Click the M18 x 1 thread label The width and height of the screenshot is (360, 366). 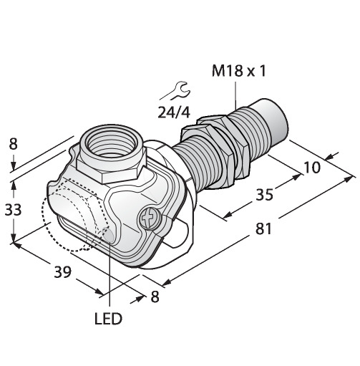tap(238, 71)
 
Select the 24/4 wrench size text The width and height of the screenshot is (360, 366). tap(174, 112)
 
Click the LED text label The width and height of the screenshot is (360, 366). tap(108, 319)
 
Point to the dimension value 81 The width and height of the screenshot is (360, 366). tap(263, 228)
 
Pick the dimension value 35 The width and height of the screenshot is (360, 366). tap(264, 194)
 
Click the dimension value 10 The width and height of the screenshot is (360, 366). tap(312, 168)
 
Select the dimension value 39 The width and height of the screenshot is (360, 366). tap(63, 271)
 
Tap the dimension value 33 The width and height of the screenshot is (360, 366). tap(14, 210)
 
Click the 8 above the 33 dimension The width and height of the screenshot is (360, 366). tap(14, 144)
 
